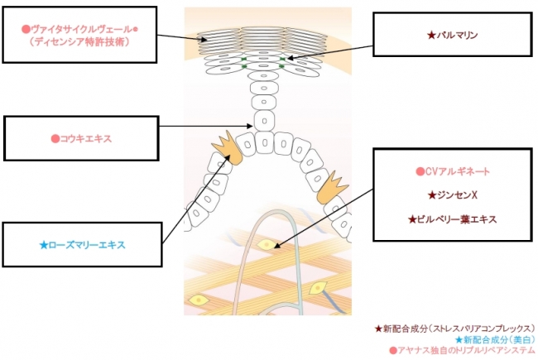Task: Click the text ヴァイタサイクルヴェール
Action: click(79, 29)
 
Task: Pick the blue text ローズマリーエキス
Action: click(83, 245)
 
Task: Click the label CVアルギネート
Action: click(453, 171)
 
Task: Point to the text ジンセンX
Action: click(452, 195)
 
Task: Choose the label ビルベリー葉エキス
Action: click(453, 219)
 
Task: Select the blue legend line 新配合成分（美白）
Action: click(494, 339)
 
